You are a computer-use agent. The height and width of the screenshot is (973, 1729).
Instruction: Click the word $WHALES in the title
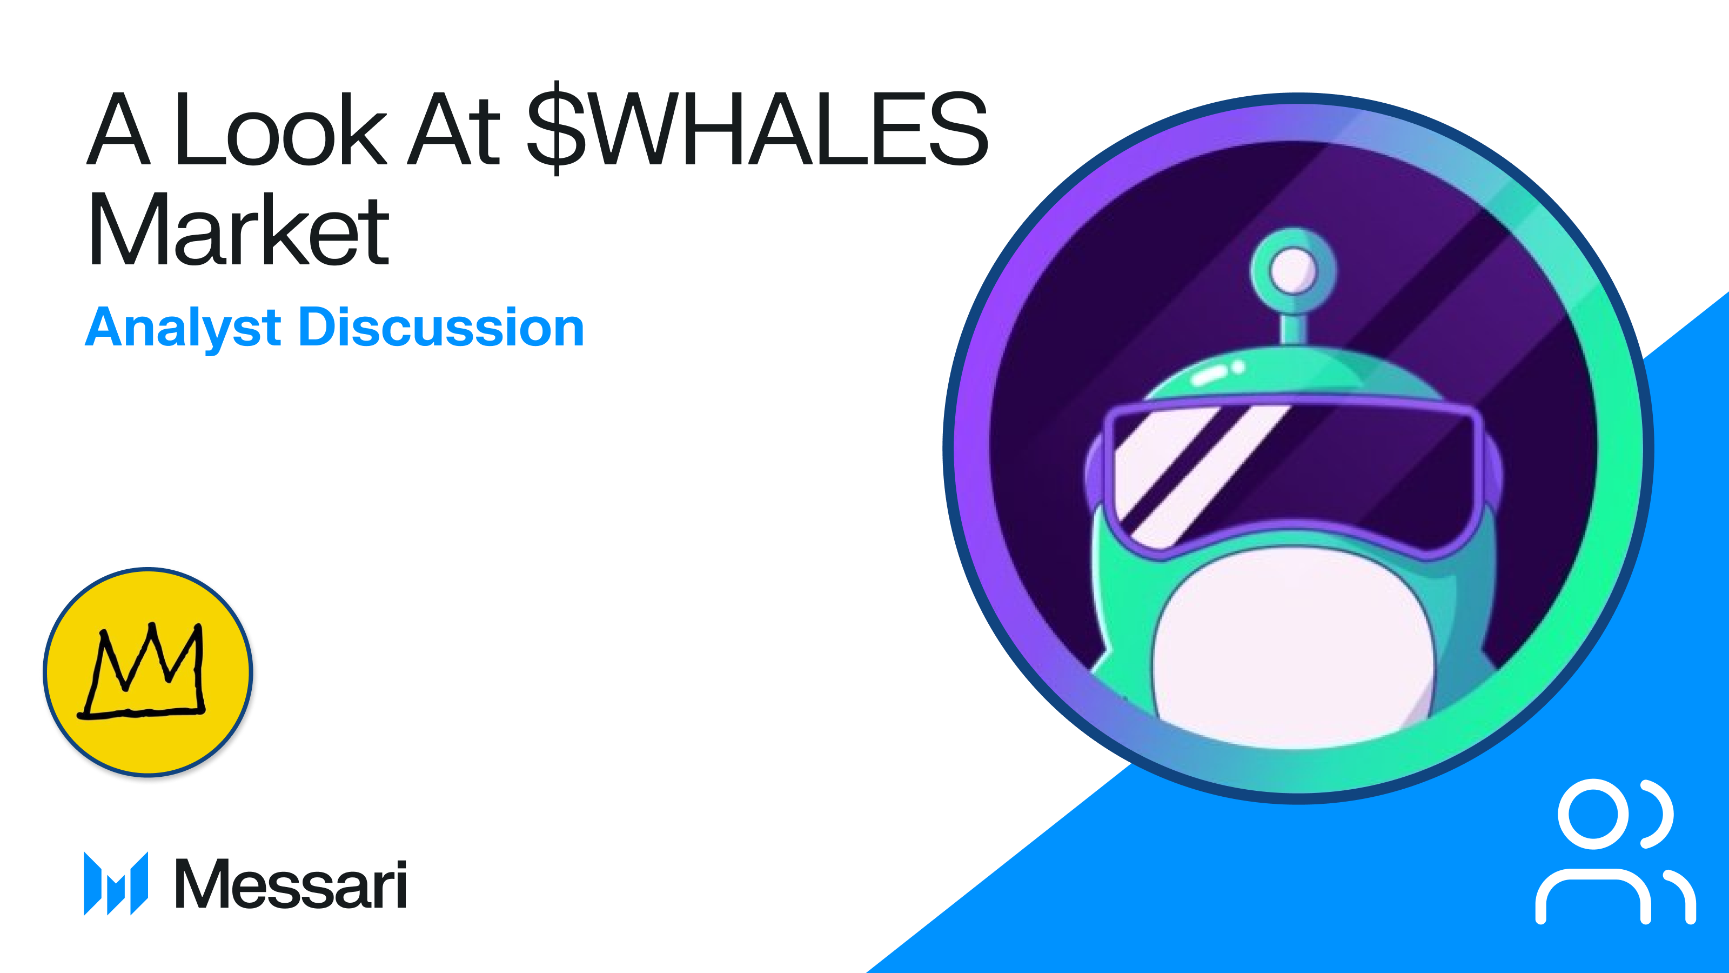tap(759, 129)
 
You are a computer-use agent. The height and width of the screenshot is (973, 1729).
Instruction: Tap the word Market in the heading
tap(239, 230)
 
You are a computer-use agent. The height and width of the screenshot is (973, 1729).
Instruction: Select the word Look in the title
tap(280, 129)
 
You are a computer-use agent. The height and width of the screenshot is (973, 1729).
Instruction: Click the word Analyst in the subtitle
tap(183, 328)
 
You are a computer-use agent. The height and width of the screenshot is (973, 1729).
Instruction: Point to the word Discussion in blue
tap(441, 328)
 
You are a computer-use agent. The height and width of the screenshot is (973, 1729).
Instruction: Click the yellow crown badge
tap(148, 671)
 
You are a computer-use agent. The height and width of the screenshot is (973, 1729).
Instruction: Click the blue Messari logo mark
tap(116, 883)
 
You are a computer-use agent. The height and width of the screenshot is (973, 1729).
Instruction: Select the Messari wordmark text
tap(291, 884)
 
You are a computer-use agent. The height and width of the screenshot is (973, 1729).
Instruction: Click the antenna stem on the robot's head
tap(1293, 325)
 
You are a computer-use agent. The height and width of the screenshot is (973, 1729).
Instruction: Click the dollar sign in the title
tap(557, 129)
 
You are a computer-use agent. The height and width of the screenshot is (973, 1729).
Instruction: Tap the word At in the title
tap(454, 129)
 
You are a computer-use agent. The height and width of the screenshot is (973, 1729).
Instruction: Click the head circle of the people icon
tap(1593, 814)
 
